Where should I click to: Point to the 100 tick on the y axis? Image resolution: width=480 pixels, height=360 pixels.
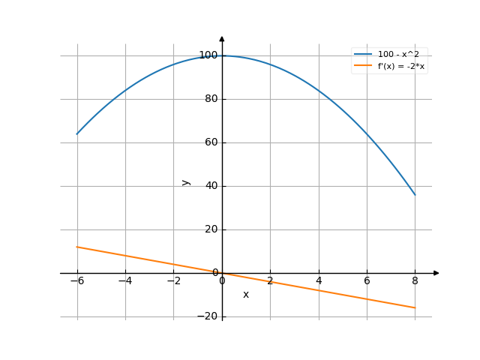click(x=208, y=55)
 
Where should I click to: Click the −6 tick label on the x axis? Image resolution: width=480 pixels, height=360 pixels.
click(x=76, y=281)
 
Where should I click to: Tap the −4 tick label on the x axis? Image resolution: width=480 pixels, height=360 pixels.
click(x=124, y=281)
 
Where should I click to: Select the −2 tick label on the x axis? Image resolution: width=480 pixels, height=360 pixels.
click(x=172, y=281)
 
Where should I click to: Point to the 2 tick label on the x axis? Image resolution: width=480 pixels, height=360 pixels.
click(x=271, y=281)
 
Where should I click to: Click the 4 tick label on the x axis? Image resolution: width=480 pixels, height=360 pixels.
click(x=319, y=281)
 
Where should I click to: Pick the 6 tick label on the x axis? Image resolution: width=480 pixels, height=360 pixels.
click(x=367, y=281)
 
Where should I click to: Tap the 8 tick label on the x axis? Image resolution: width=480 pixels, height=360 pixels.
click(x=415, y=281)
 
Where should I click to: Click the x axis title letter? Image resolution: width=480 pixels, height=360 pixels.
click(x=245, y=295)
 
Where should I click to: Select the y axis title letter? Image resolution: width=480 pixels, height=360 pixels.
click(x=186, y=182)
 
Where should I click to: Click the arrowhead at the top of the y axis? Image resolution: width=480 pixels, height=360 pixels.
click(x=222, y=38)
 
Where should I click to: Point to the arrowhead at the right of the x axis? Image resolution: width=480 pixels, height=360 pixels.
click(x=436, y=273)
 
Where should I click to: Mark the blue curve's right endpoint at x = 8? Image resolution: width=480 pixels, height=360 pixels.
click(x=415, y=194)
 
